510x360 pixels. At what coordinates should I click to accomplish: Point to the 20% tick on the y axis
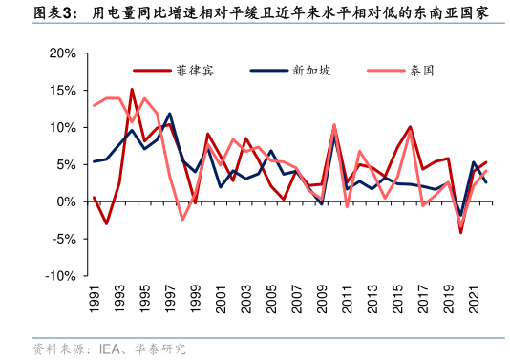click(x=62, y=53)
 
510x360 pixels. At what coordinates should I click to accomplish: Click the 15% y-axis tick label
click(x=62, y=91)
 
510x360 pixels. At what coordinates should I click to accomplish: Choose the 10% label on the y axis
click(x=62, y=127)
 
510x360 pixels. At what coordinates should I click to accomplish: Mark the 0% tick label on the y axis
click(x=67, y=201)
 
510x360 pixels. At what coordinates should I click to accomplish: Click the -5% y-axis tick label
click(x=64, y=239)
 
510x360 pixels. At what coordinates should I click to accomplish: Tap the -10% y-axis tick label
click(x=61, y=276)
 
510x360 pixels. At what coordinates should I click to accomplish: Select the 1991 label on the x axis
click(x=94, y=303)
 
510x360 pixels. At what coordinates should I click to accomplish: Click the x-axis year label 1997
click(x=169, y=303)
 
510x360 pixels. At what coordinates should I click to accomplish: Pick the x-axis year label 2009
click(x=321, y=303)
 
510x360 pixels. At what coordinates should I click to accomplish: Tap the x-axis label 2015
click(x=397, y=303)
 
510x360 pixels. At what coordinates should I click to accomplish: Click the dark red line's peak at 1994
click(x=132, y=90)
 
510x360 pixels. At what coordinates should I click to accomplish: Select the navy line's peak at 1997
click(x=170, y=114)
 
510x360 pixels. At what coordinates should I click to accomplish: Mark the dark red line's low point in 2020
click(x=461, y=232)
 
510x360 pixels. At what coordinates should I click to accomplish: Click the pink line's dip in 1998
click(x=182, y=220)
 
